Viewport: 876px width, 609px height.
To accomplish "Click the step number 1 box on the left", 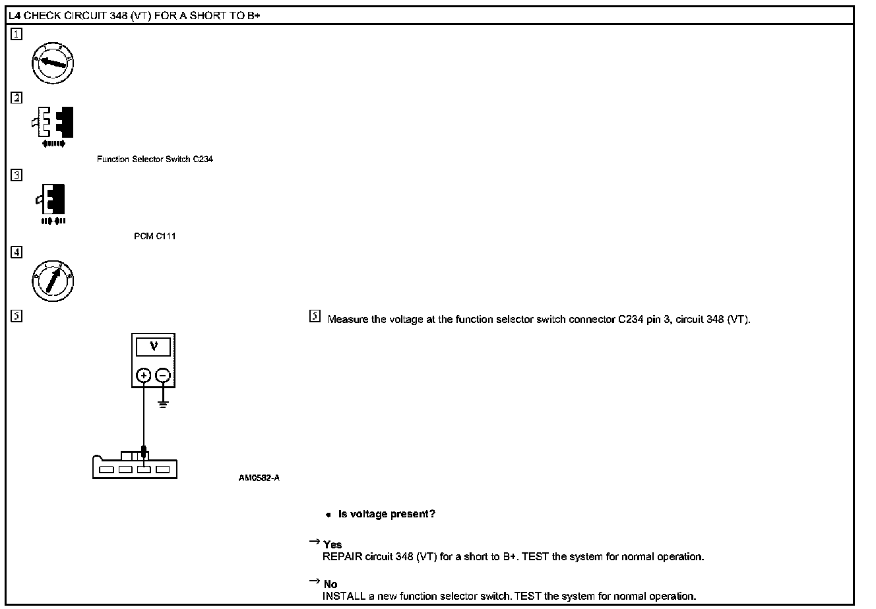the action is (x=17, y=36).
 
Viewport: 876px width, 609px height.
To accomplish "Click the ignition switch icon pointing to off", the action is (x=53, y=63).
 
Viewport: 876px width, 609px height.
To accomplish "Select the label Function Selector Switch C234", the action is (x=154, y=159).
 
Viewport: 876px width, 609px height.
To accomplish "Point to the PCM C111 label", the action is (x=154, y=237).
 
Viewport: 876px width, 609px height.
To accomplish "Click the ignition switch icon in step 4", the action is (x=53, y=280).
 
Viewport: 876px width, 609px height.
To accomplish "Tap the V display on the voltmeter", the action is (x=154, y=347).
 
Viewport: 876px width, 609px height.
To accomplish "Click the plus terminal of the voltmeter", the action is (x=144, y=376).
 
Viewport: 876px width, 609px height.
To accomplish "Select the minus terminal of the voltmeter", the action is (x=162, y=376).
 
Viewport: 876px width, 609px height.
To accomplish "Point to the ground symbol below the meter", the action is (x=162, y=402).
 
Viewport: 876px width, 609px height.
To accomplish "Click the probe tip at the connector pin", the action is (x=144, y=455).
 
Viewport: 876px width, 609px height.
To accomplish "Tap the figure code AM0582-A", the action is (x=259, y=478).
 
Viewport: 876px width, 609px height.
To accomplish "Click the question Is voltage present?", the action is (x=387, y=514).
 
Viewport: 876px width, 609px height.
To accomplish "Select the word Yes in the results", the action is (x=332, y=544).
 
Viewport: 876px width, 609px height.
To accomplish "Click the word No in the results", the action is (x=330, y=584).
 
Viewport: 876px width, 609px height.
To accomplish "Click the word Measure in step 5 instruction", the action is (x=348, y=320).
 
